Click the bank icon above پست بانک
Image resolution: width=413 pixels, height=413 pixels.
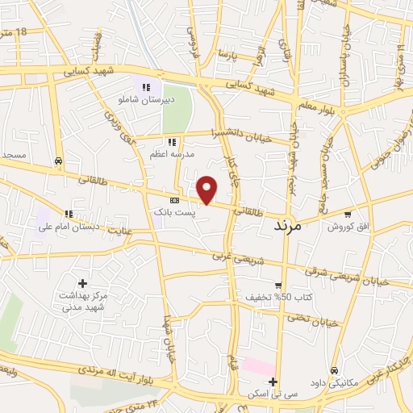pyautogui.click(x=173, y=200)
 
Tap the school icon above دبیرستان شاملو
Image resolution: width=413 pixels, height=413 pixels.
pyautogui.click(x=146, y=87)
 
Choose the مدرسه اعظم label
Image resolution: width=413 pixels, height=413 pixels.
pyautogui.click(x=168, y=152)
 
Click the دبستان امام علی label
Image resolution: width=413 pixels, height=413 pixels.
pyautogui.click(x=67, y=227)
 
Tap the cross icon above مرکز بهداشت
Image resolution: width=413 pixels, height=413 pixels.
pyautogui.click(x=82, y=283)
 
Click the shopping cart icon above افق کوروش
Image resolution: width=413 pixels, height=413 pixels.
pyautogui.click(x=348, y=215)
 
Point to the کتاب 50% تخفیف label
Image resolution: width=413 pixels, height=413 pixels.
pyautogui.click(x=274, y=297)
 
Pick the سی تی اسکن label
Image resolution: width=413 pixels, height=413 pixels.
pyautogui.click(x=273, y=394)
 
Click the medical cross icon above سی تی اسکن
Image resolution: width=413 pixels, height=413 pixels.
pyautogui.click(x=273, y=382)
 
